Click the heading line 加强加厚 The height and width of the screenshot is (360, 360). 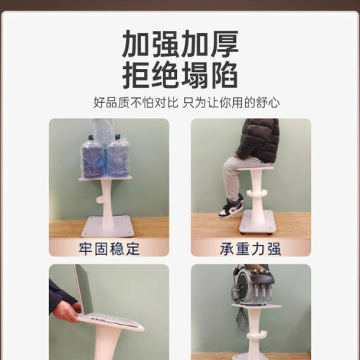179,44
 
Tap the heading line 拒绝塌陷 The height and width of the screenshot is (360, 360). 179,74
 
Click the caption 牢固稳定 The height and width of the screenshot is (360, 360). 109,248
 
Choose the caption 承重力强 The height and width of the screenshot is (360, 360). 250,248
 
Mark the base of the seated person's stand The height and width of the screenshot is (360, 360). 256,222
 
